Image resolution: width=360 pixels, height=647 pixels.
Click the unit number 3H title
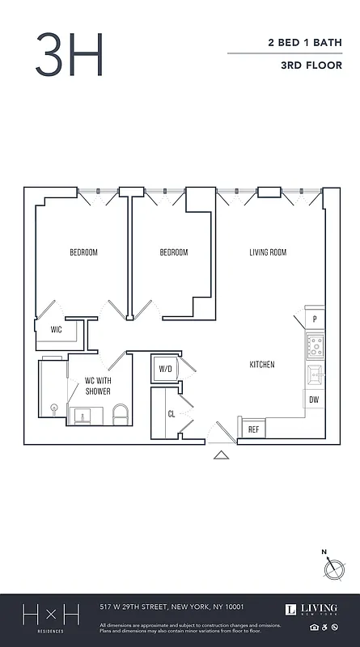(70, 53)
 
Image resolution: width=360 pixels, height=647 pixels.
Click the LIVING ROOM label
(267, 252)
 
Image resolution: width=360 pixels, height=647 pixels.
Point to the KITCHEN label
(261, 365)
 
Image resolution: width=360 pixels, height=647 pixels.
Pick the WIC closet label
(56, 330)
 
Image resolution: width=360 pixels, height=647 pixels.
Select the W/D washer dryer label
(166, 370)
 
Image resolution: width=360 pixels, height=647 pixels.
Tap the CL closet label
(172, 413)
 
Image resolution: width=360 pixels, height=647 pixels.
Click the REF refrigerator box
(253, 429)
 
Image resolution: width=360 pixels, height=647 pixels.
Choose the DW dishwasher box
(314, 400)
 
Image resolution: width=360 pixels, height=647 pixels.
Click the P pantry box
(315, 319)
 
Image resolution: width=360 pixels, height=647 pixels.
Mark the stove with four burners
(315, 347)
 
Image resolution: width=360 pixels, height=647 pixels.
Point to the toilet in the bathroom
(121, 414)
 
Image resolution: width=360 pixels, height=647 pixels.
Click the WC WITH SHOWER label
(99, 387)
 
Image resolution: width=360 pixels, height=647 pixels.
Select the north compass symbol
(332, 567)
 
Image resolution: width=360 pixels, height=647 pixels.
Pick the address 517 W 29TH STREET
(172, 607)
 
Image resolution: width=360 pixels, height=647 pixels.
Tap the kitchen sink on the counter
(315, 375)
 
